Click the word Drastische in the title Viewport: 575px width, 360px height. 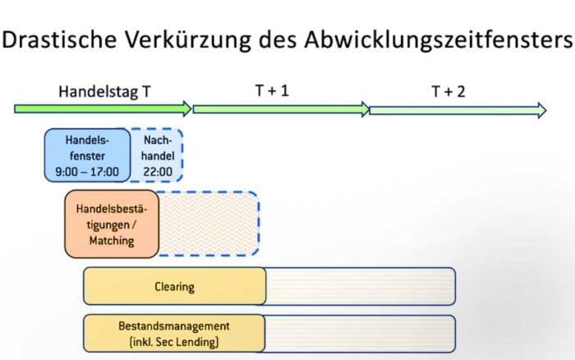59,39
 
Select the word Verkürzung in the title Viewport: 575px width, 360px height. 188,39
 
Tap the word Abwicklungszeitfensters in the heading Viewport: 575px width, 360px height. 438,39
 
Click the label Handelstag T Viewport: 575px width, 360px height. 104,91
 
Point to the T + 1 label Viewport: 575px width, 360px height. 272,90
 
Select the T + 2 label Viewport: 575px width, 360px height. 448,91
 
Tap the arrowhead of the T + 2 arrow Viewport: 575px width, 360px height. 542,110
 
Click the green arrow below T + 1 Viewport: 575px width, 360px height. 281,109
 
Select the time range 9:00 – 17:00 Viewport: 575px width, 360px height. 87,172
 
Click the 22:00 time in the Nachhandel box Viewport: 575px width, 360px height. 158,172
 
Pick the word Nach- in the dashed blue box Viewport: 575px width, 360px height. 158,141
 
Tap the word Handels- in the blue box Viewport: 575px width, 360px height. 87,141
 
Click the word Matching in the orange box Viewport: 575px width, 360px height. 112,241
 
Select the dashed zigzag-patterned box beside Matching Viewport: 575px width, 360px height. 209,224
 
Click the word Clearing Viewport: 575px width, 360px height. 174,287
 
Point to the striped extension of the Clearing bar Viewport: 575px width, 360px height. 360,286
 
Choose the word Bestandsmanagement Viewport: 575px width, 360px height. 174,325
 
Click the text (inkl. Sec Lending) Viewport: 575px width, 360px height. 174,342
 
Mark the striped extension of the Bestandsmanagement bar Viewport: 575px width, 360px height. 360,334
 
